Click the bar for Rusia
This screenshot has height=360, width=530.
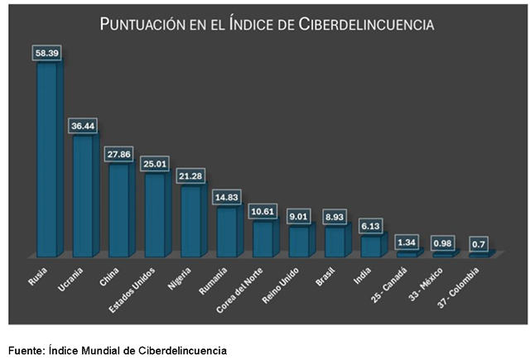coord(48,157)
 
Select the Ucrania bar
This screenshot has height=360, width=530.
coord(84,194)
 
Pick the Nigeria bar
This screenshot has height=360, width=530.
coord(193,219)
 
